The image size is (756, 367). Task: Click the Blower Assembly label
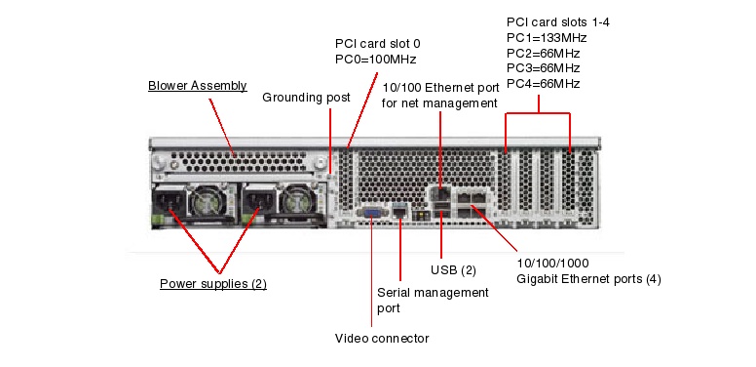click(x=197, y=86)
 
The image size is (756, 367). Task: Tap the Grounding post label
click(x=306, y=98)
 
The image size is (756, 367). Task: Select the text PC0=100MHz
click(x=376, y=60)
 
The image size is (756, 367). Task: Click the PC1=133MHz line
click(x=547, y=38)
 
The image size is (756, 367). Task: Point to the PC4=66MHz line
click(x=543, y=84)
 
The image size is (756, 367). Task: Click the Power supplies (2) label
click(x=213, y=283)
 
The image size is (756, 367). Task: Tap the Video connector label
click(x=382, y=338)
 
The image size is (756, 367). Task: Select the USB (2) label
click(x=453, y=270)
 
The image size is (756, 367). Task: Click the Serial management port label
click(x=433, y=300)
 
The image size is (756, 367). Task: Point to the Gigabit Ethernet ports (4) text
click(x=588, y=278)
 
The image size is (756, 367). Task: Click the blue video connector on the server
click(x=371, y=213)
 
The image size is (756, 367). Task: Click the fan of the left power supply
click(x=208, y=201)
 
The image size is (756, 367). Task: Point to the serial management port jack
click(x=399, y=212)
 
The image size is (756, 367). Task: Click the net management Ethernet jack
click(x=440, y=193)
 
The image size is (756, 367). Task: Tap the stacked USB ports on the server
click(x=440, y=211)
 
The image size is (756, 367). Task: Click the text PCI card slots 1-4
click(x=558, y=22)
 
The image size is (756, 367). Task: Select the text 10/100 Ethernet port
click(x=440, y=88)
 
